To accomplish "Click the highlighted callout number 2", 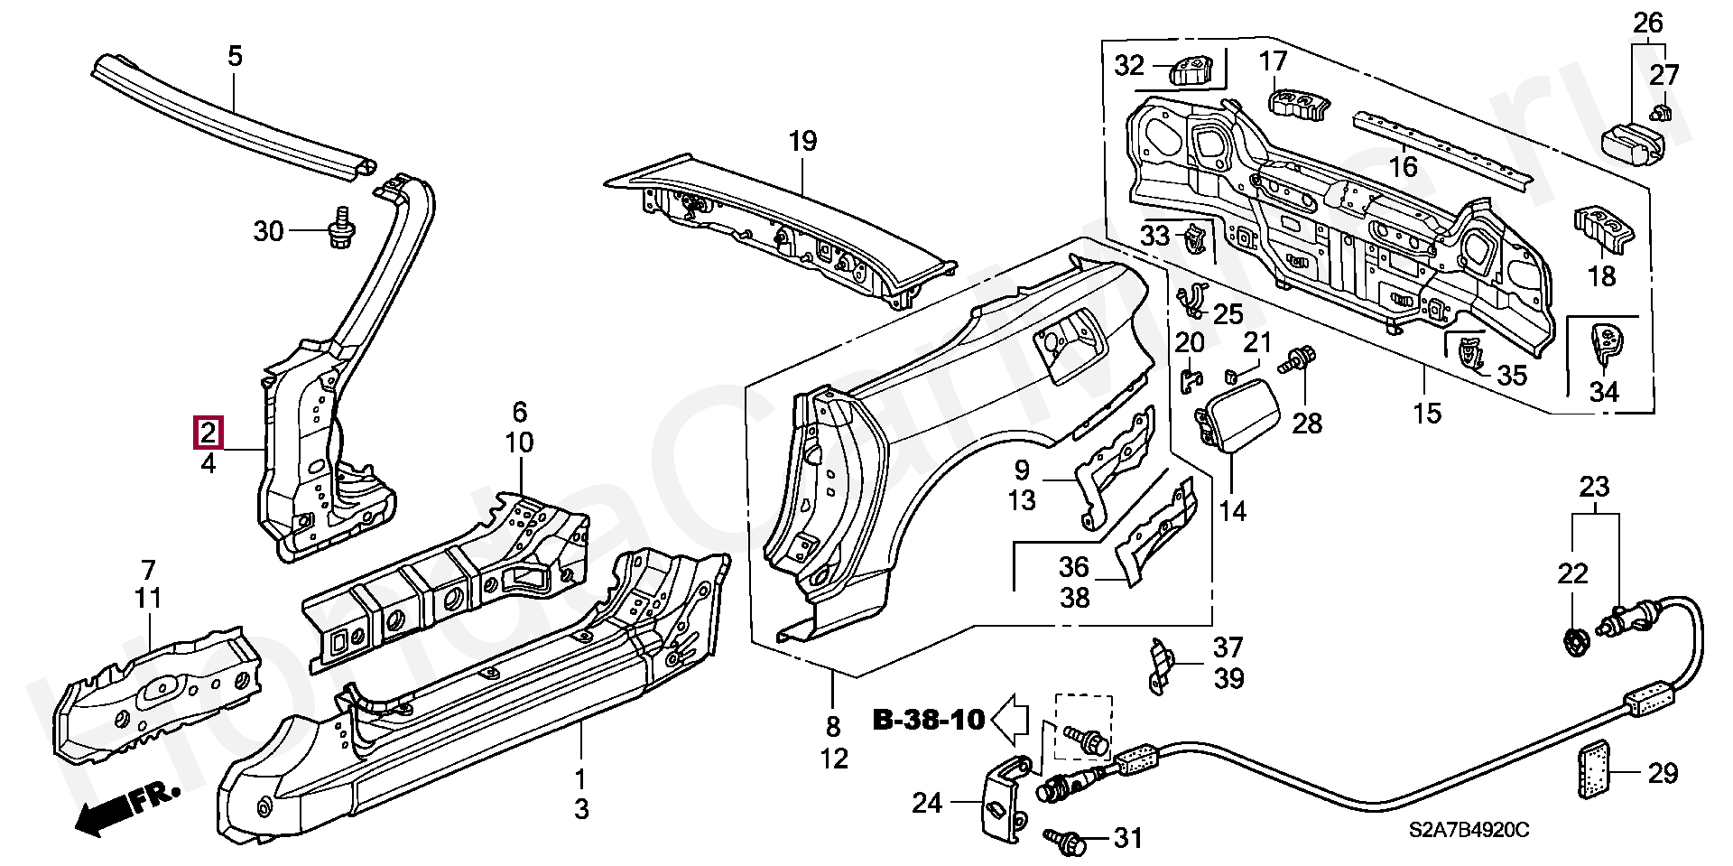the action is click(208, 433).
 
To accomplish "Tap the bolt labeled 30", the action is click(342, 231).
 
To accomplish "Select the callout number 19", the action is click(802, 142).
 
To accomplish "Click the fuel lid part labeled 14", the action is click(1237, 416).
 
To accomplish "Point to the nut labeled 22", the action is click(1573, 642).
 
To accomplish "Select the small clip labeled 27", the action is click(1660, 112).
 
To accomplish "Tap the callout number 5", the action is click(235, 56).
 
